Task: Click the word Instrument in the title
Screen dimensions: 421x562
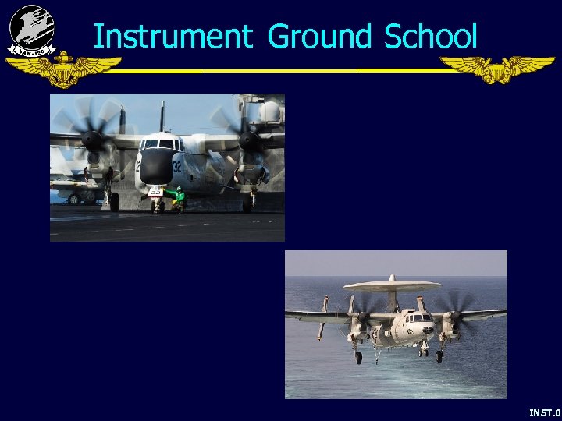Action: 172,36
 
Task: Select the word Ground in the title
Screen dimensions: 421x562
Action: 319,36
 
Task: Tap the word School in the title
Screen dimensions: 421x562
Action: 429,36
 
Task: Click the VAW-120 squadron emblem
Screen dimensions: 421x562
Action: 31,30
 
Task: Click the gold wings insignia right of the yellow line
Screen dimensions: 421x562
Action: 496,69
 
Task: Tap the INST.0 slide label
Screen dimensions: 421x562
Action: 544,412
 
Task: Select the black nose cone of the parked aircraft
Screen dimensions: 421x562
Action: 157,165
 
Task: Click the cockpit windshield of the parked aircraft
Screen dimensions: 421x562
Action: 159,143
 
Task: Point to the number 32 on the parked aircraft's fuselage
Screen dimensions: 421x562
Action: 176,165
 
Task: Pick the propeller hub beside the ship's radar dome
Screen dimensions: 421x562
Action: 250,140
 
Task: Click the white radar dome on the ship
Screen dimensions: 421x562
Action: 270,111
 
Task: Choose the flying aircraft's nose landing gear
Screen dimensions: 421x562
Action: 421,352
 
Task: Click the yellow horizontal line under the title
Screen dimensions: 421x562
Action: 281,71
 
